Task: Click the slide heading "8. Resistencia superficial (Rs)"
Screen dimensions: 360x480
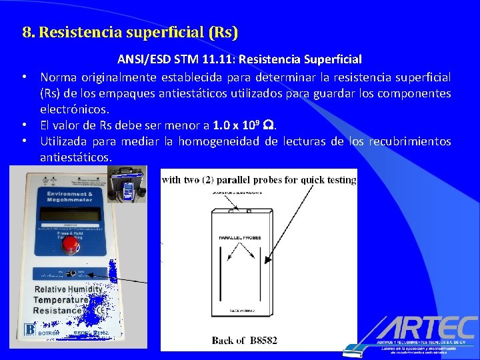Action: (x=130, y=32)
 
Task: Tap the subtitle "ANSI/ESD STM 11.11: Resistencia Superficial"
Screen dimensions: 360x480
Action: (x=240, y=60)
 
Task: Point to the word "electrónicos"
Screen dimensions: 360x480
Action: (x=74, y=108)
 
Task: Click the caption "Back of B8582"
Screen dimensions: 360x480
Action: (x=244, y=340)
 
